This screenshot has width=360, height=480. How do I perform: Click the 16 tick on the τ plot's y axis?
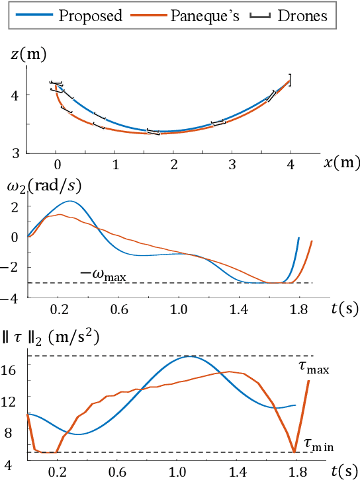(15, 372)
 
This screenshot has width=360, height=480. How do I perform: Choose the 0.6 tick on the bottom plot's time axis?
(118, 472)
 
